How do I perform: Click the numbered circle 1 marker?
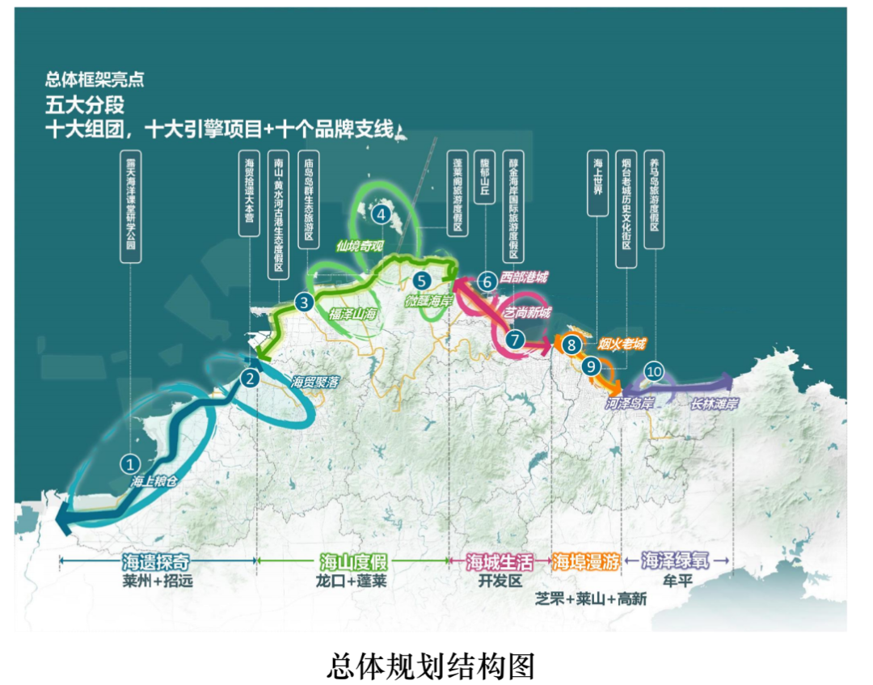(x=129, y=463)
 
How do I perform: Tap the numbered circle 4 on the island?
(x=380, y=214)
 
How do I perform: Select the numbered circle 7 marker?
(x=515, y=340)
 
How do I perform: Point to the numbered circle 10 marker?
(x=655, y=372)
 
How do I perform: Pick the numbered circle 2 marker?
(x=251, y=377)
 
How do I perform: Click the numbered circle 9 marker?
(x=592, y=366)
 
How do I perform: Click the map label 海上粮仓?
(x=154, y=480)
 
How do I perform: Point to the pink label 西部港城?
(x=523, y=277)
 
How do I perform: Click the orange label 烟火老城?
(x=622, y=345)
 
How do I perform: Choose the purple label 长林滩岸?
(x=715, y=402)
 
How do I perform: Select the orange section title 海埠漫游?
(x=585, y=562)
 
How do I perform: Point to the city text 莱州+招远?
(x=158, y=581)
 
